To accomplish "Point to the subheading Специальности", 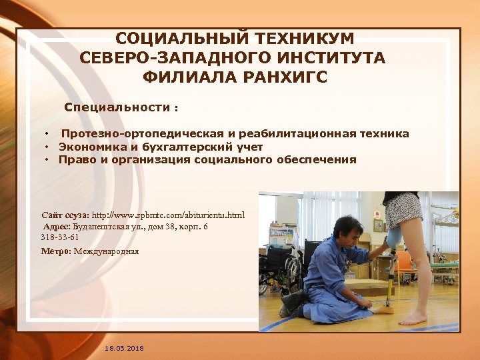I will [x=117, y=107].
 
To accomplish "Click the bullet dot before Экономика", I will [x=48, y=147].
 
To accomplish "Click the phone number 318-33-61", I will [x=60, y=237].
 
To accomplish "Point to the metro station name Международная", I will [x=107, y=251].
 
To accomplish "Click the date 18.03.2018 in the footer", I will [x=124, y=349].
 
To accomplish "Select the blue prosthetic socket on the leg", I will [x=394, y=237].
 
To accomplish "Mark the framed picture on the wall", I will [x=378, y=225].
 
